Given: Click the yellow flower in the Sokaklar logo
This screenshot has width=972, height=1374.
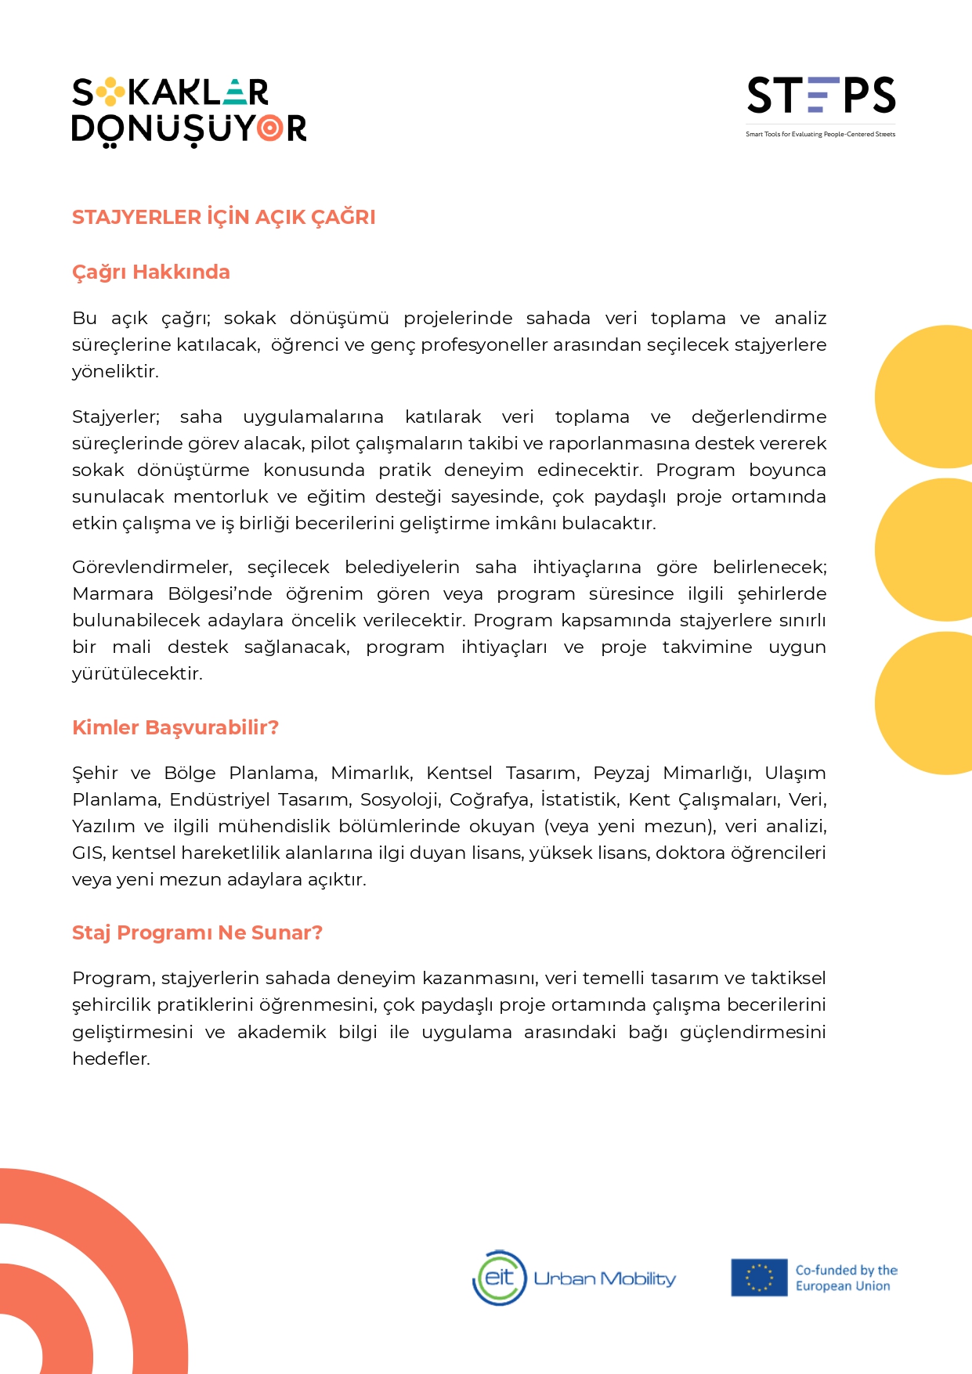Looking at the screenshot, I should (110, 92).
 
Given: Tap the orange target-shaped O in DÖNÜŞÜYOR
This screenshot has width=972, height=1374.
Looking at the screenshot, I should (270, 128).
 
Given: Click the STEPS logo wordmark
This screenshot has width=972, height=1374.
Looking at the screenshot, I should (821, 96).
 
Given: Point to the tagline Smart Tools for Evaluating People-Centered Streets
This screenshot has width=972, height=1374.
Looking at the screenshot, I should (820, 135).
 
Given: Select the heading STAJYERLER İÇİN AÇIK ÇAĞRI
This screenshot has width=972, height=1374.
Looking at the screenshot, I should (223, 217).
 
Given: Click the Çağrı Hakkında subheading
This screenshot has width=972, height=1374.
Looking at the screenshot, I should (150, 272).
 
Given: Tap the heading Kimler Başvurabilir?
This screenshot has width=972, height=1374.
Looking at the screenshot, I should (175, 727).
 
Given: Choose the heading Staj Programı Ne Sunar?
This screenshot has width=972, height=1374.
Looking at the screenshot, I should (197, 932).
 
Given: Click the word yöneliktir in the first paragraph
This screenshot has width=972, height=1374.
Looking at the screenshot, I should (114, 371).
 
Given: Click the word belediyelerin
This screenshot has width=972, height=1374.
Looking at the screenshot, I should (402, 567).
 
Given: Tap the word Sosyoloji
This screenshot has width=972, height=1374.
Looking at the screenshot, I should (399, 799).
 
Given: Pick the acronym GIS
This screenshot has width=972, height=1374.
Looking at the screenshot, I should (86, 853).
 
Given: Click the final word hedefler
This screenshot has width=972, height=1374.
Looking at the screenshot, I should (110, 1058).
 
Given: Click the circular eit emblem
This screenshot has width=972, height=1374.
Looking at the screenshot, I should (499, 1278).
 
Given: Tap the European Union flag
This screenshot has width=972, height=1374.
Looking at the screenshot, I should (758, 1278).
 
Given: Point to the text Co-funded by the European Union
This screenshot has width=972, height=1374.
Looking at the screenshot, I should (845, 1278).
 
